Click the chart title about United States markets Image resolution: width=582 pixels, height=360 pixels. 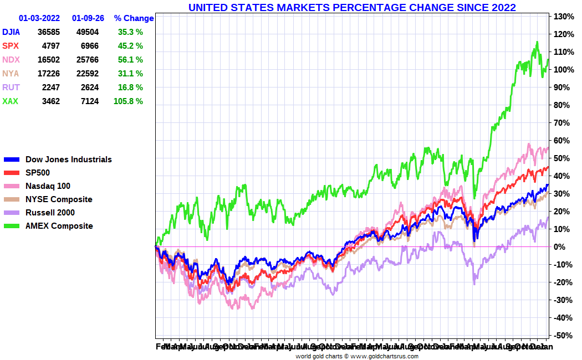tap(352, 7)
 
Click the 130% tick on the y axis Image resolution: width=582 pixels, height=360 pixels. tap(562, 17)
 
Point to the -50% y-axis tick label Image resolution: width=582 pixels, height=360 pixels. tap(562, 336)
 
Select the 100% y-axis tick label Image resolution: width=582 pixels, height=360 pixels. tap(562, 70)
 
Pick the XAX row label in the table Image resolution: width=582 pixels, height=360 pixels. tap(10, 101)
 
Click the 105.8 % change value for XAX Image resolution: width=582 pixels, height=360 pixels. tap(130, 101)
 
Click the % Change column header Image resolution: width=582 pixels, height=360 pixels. tap(134, 18)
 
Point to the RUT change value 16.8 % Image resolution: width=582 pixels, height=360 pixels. tap(130, 88)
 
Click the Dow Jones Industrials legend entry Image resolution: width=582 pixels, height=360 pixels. tap(69, 160)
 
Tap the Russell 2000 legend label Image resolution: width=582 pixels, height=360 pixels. tap(50, 213)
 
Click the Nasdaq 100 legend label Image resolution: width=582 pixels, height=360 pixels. tap(48, 186)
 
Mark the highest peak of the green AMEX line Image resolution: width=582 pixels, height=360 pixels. tap(537, 42)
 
